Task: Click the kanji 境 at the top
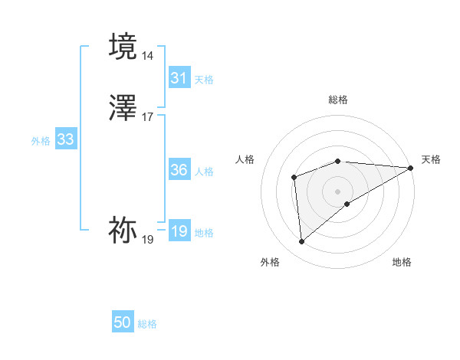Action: pos(123,47)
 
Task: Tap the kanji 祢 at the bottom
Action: pos(123,230)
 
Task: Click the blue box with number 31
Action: pos(179,78)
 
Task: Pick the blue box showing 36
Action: pos(179,170)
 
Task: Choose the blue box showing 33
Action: pos(65,139)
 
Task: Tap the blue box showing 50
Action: pos(123,323)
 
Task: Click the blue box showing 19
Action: pos(179,231)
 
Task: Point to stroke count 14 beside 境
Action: pos(148,56)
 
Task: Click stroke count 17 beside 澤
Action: pos(148,117)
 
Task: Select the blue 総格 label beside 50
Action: pos(147,325)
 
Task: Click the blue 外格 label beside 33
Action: pos(41,141)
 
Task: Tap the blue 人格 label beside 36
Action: pos(204,172)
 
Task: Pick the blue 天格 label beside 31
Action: pos(204,80)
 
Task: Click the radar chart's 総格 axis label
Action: pos(338,100)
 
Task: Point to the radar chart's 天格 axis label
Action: pos(431,159)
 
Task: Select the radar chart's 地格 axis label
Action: pos(402,263)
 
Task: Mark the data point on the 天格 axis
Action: pos(412,168)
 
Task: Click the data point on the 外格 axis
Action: pos(301,242)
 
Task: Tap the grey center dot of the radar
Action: pos(338,191)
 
